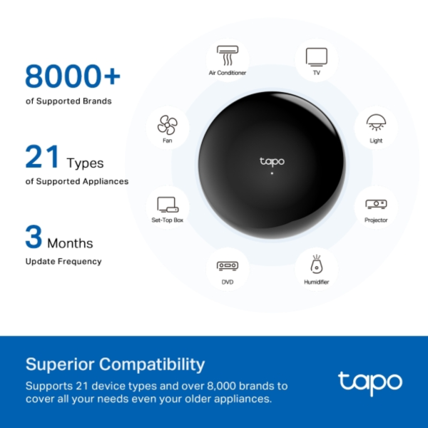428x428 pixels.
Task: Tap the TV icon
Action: pos(316,56)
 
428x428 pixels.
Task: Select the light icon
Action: pos(376,123)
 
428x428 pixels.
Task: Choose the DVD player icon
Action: pos(228,265)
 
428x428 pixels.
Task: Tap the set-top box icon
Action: pos(167,205)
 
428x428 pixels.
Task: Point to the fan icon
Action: pos(167,126)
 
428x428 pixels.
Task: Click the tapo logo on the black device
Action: pos(272,162)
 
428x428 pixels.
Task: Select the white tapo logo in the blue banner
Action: pos(370,383)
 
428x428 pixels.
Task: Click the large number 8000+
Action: pos(73,76)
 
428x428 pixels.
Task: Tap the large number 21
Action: pos(42,157)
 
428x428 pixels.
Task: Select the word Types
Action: pos(85,163)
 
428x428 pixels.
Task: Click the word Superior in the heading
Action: pos(60,364)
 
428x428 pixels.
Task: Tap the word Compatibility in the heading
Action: pos(152,365)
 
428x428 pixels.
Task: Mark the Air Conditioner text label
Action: pos(228,73)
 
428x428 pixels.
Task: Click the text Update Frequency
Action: pos(63,262)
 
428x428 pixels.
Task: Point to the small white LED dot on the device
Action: pos(272,173)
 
